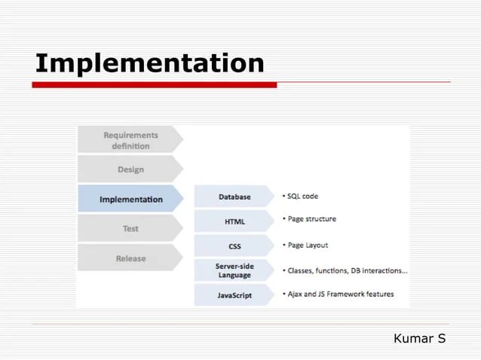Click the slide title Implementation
pyautogui.click(x=149, y=63)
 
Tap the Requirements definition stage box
pyautogui.click(x=130, y=140)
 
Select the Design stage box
pyautogui.click(x=130, y=169)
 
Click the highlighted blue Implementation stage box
pyautogui.click(x=130, y=200)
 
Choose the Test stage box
pyautogui.click(x=130, y=228)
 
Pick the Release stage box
pyautogui.click(x=130, y=258)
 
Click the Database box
pyautogui.click(x=234, y=197)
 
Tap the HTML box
pyautogui.click(x=234, y=221)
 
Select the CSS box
pyautogui.click(x=234, y=246)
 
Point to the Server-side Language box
pyautogui.click(x=234, y=270)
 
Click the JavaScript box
pyautogui.click(x=234, y=295)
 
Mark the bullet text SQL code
pyautogui.click(x=302, y=196)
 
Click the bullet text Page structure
pyautogui.click(x=311, y=219)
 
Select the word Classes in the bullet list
pyautogui.click(x=302, y=270)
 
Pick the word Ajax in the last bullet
pyautogui.click(x=296, y=294)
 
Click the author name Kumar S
pyautogui.click(x=419, y=339)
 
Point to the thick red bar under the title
pyautogui.click(x=154, y=85)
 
